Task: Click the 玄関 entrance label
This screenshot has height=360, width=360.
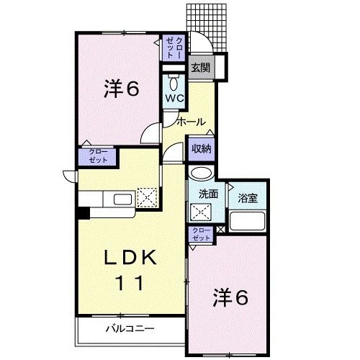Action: tap(199, 69)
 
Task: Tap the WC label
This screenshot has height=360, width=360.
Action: tap(175, 96)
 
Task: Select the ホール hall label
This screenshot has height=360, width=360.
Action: tap(190, 121)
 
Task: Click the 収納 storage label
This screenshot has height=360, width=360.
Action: tap(201, 149)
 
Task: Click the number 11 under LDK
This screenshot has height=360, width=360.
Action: tap(130, 282)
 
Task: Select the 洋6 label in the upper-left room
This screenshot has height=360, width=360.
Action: tap(120, 89)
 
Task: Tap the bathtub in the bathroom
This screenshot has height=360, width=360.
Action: tap(248, 222)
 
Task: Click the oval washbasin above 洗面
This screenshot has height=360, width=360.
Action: tap(202, 174)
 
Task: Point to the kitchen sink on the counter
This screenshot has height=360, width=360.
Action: tap(120, 198)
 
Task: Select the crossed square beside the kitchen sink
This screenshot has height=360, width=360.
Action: tap(147, 197)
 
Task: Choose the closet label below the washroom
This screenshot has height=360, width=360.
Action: tap(202, 235)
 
